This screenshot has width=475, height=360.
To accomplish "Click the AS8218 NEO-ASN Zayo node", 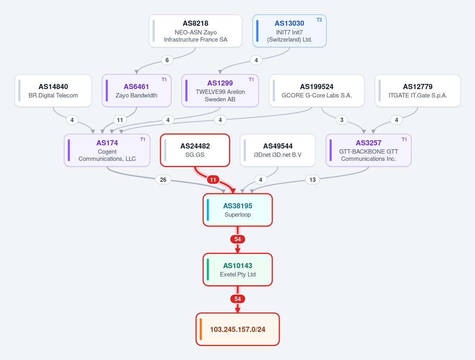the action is tap(195, 31).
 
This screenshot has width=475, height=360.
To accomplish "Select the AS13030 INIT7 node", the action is tap(289, 31).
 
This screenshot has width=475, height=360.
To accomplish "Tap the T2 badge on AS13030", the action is tap(319, 20).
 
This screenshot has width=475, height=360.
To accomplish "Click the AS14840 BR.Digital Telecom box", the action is tap(53, 91).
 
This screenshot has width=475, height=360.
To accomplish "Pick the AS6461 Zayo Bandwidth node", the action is tap(137, 91).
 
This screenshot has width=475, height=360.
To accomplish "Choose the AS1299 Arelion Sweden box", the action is tap(220, 91).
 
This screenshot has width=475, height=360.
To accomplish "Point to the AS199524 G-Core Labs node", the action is tap(317, 91).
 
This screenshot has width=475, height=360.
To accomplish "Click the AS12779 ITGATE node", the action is tap(418, 91).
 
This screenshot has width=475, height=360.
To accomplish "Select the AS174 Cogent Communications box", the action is tap(107, 150).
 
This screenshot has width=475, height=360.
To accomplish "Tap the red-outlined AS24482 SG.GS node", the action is tap(195, 150).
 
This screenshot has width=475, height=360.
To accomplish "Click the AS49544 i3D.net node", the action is tap(278, 150).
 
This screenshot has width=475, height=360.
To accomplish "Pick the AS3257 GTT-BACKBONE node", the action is tap(368, 150).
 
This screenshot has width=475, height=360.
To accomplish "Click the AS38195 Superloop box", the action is tap(238, 210).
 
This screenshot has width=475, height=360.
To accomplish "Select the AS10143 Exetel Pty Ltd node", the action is tap(238, 269).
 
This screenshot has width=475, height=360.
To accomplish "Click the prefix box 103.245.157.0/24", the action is tap(238, 329).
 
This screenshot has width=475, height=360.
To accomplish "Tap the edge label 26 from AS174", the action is tap(163, 179).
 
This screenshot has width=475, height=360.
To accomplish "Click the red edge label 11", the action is tap(213, 179).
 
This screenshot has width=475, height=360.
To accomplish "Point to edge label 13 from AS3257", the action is tap(312, 179).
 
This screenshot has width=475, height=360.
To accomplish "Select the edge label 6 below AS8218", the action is tap(167, 60).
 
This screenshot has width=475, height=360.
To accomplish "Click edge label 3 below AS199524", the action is tap(342, 120).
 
